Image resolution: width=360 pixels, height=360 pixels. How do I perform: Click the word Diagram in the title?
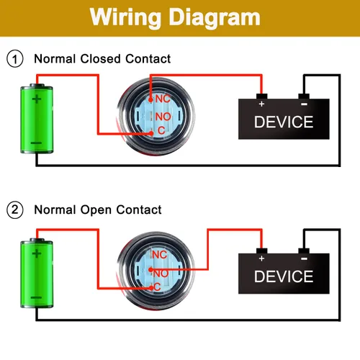[x=215, y=17]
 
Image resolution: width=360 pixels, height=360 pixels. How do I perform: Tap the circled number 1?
[x=15, y=58]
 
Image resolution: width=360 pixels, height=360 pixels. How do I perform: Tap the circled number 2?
[x=15, y=210]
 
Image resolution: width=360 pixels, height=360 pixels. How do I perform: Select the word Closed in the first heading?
[x=100, y=58]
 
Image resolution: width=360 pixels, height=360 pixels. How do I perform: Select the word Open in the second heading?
[x=96, y=210]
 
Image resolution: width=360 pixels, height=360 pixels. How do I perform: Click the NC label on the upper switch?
[x=163, y=99]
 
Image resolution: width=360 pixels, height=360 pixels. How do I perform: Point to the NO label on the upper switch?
[x=163, y=117]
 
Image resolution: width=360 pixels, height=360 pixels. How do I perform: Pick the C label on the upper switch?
[x=161, y=130]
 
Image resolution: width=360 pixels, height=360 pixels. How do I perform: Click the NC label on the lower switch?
[x=160, y=255]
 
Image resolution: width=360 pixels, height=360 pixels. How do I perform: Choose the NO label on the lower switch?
[x=161, y=274]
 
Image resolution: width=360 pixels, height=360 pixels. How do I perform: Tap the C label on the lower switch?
[x=157, y=287]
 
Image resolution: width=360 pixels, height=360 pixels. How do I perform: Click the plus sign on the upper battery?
[x=37, y=99]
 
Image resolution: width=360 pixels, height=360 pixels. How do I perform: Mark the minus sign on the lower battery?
[x=36, y=297]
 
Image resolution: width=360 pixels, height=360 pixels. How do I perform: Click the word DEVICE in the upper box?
[x=284, y=122]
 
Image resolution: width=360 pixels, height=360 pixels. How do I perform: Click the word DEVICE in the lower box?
[x=284, y=276]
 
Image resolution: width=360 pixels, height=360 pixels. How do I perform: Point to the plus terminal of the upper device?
[x=262, y=96]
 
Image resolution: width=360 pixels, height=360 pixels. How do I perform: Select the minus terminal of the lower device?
[x=304, y=251]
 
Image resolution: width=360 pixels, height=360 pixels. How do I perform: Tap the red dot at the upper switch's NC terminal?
[x=150, y=99]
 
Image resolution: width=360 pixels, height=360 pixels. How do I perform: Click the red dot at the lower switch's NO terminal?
[x=150, y=270]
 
